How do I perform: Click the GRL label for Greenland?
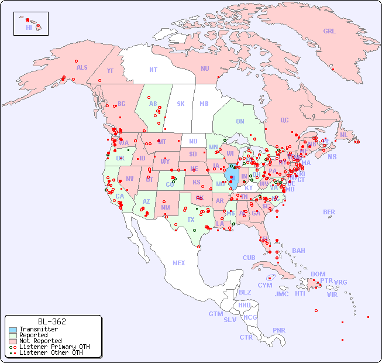coord(329,32)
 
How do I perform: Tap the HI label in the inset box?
coord(29,28)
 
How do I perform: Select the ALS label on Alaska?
coord(82,67)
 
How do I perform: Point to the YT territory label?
coord(110,71)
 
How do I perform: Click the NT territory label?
coord(153,70)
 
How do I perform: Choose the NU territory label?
coord(205,69)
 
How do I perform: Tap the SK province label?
coord(181,104)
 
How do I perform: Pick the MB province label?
coord(204,104)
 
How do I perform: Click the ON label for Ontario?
coord(240,121)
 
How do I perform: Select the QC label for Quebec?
coord(284,120)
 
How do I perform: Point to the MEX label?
coord(179,263)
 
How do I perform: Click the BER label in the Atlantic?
coord(329,212)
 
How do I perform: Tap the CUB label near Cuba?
coord(249,258)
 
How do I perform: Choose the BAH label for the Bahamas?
coord(298,251)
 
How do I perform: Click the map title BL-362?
coord(51,321)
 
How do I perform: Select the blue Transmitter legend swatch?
coord(12,330)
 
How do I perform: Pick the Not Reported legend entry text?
coord(40,341)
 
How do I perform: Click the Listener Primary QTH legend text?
coord(54,347)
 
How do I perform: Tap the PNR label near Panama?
coord(279,330)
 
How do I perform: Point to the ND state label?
coord(193,141)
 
